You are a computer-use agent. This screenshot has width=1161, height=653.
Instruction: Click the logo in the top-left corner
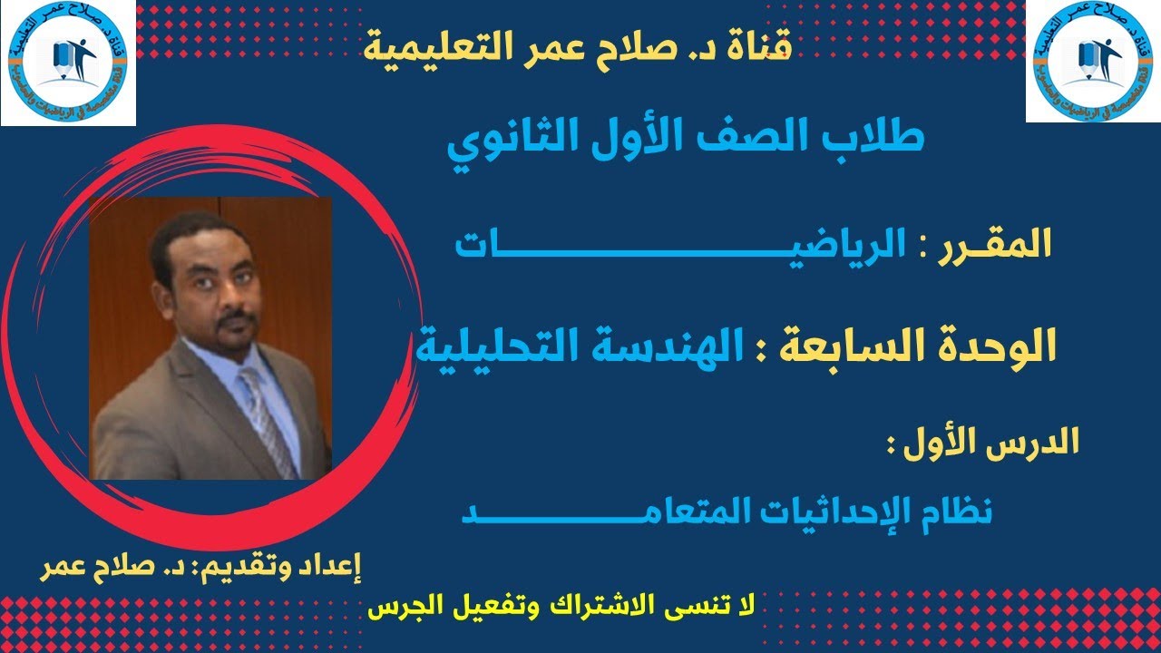68,63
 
